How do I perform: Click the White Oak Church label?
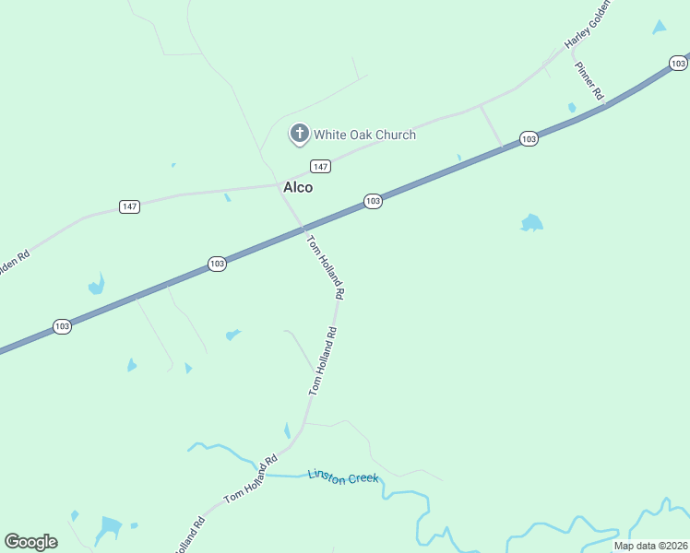pyautogui.click(x=364, y=135)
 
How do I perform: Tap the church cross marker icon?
pyautogui.click(x=299, y=135)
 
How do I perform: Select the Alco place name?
pyautogui.click(x=298, y=187)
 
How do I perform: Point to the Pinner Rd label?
pyautogui.click(x=589, y=81)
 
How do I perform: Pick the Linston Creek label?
pyautogui.click(x=343, y=477)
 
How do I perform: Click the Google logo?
pyautogui.click(x=30, y=541)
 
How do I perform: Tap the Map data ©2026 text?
pyautogui.click(x=650, y=546)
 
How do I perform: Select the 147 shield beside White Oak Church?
pyautogui.click(x=320, y=166)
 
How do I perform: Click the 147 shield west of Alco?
pyautogui.click(x=130, y=206)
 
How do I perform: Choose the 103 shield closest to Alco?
pyautogui.click(x=373, y=201)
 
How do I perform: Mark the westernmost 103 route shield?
pyautogui.click(x=62, y=326)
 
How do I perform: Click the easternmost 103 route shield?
pyautogui.click(x=678, y=63)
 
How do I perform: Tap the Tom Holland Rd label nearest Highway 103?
pyautogui.click(x=326, y=266)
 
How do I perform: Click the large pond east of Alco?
pyautogui.click(x=531, y=223)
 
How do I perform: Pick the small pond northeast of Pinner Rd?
pyautogui.click(x=659, y=28)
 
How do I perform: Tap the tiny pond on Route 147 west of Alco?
pyautogui.click(x=227, y=197)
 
